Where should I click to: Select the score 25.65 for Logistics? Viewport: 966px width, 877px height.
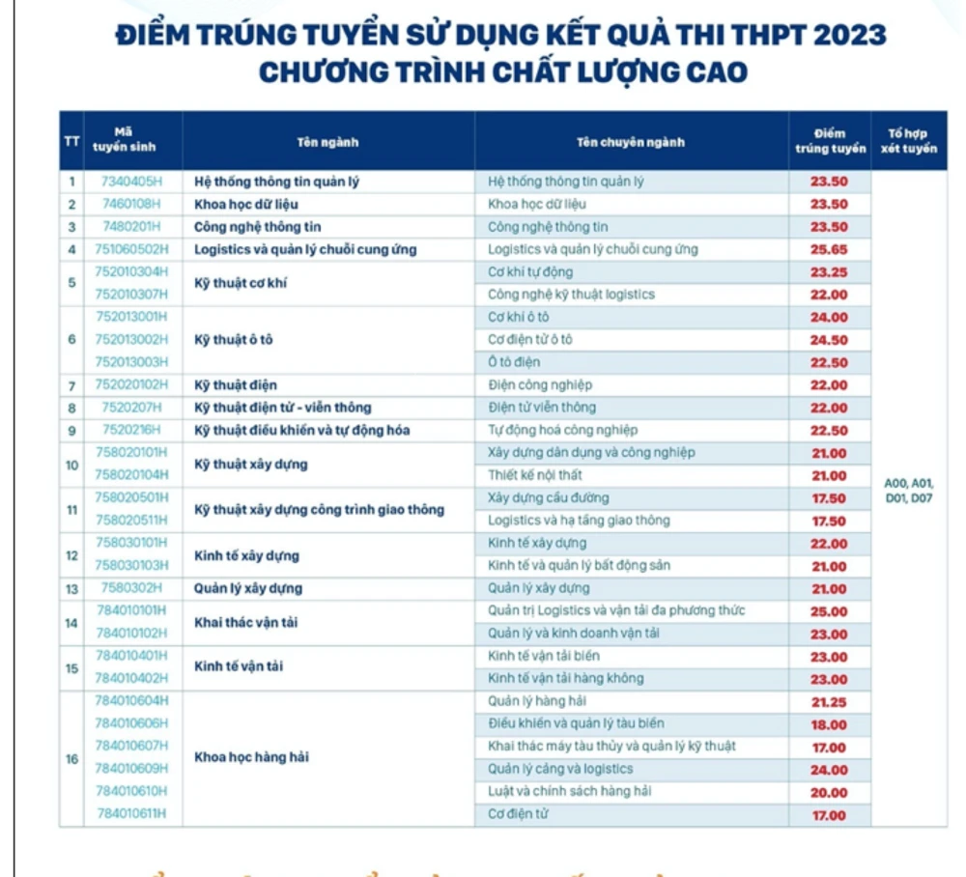click(x=829, y=249)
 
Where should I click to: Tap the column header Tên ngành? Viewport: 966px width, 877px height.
click(x=327, y=142)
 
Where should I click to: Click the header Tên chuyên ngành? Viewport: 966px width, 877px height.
click(x=630, y=142)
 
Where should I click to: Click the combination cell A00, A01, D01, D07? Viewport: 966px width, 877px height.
click(x=908, y=492)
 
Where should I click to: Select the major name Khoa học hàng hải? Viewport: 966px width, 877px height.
click(x=251, y=757)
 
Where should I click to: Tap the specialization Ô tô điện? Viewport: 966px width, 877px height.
click(x=514, y=362)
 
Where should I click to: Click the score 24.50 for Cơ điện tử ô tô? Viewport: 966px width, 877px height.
click(x=829, y=340)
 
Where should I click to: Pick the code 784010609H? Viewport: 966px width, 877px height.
click(x=130, y=769)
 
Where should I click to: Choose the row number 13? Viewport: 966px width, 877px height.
click(x=71, y=588)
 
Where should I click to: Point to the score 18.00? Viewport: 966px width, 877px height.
click(x=829, y=724)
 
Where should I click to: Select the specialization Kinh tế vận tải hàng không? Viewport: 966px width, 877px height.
click(x=565, y=678)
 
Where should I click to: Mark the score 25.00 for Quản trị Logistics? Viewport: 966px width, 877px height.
click(x=829, y=611)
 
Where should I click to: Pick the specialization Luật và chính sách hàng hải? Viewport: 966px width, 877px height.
click(x=569, y=791)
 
